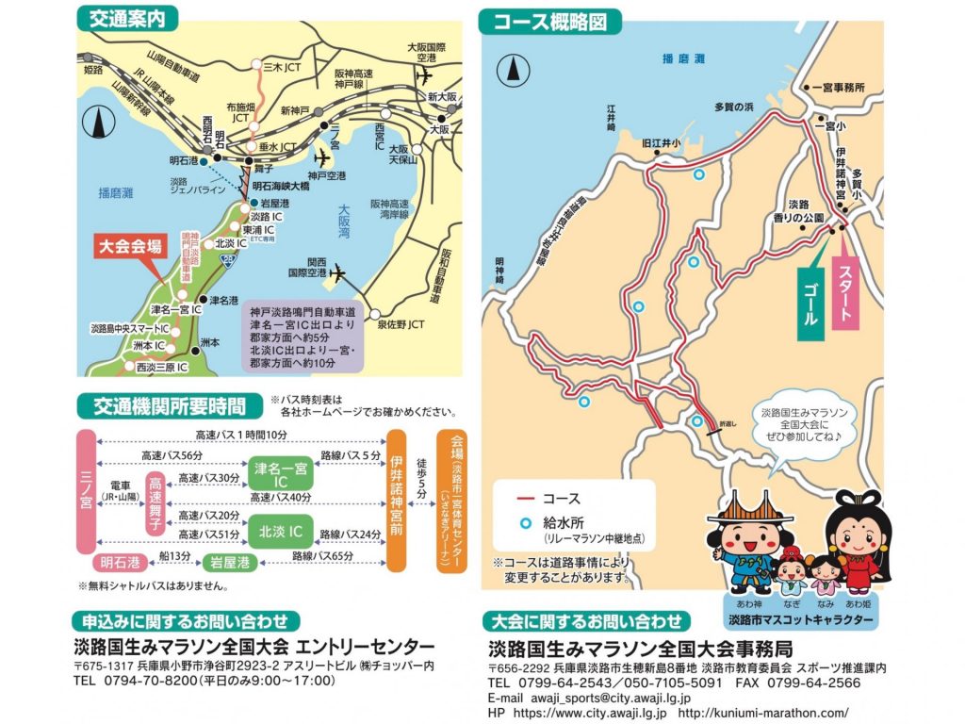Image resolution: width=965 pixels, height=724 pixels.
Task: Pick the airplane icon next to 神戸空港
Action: [x=327, y=157]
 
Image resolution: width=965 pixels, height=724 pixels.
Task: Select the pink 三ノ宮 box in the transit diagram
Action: [x=87, y=490]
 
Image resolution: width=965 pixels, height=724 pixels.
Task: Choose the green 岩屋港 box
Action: [x=230, y=562]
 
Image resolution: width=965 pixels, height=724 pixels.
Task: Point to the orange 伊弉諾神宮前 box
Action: [x=396, y=501]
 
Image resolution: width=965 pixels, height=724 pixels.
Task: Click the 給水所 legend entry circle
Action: [x=520, y=521]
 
